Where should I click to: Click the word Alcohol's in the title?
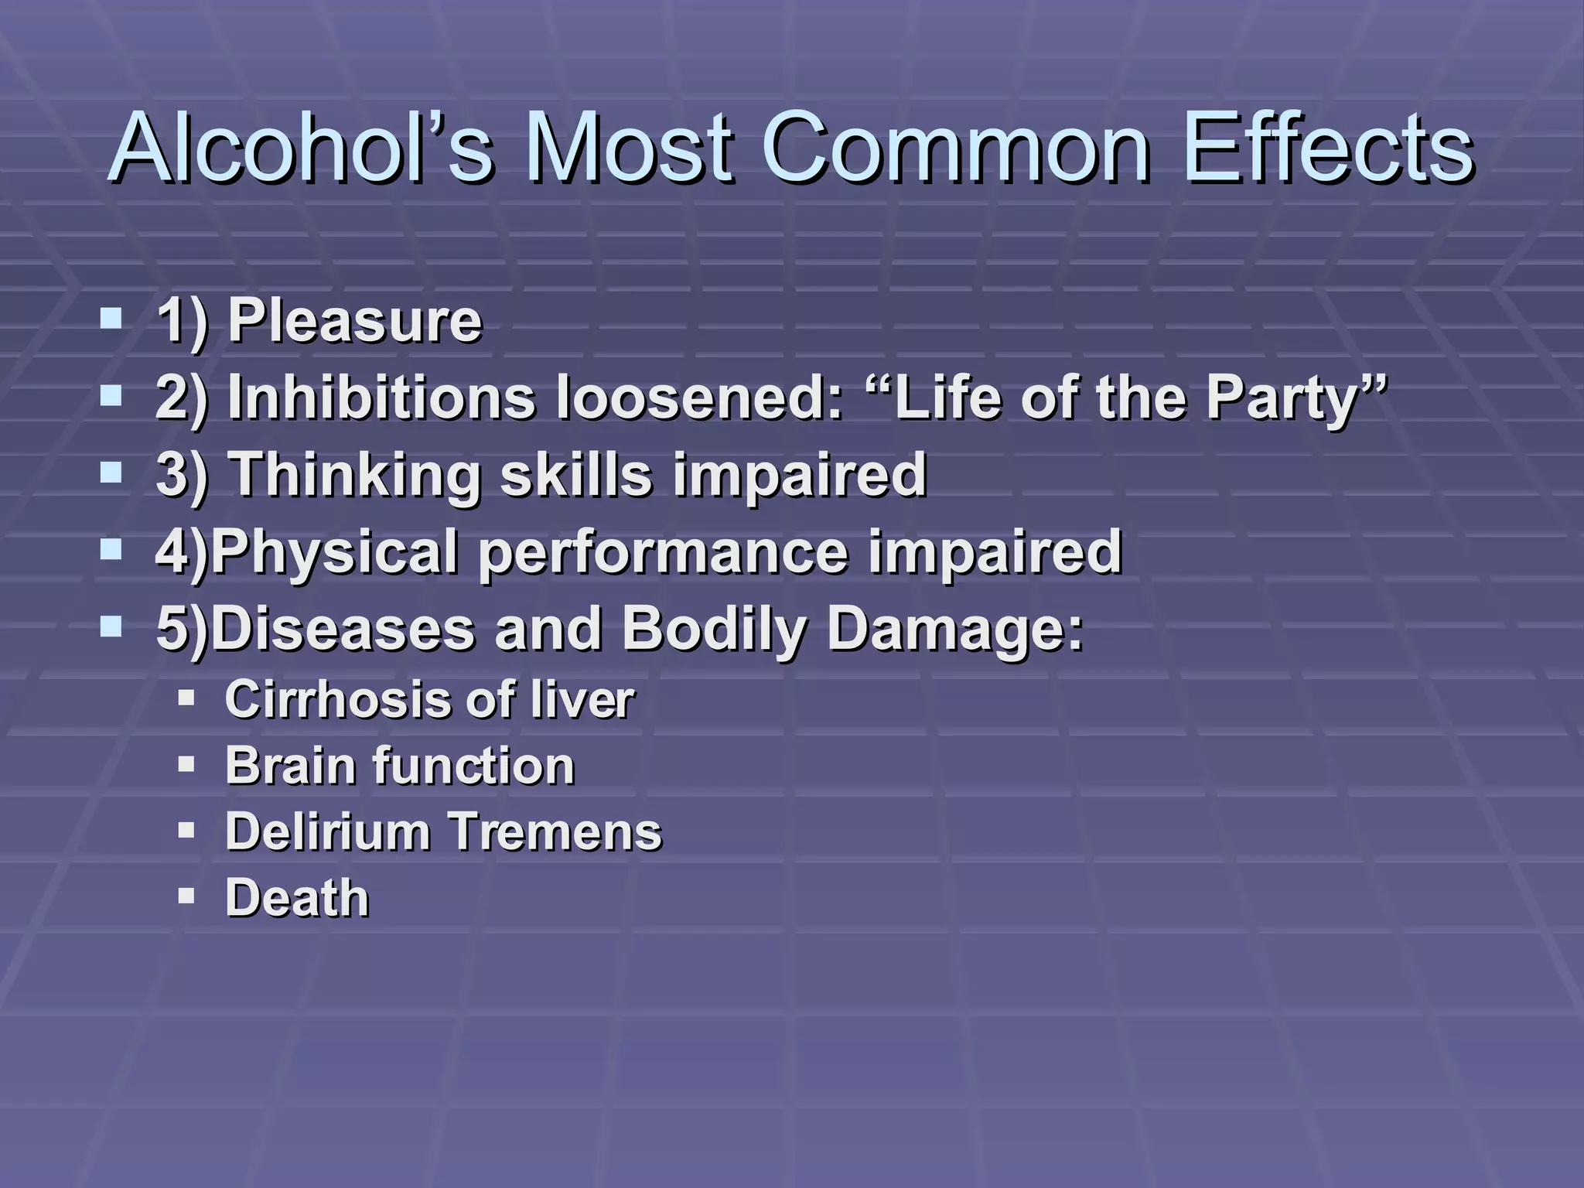click(302, 148)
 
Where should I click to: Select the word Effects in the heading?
click(1328, 148)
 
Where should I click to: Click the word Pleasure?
click(355, 320)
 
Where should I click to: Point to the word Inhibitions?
click(381, 398)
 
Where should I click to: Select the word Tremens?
click(556, 831)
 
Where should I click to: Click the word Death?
click(297, 898)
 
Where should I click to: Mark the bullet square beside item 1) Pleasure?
click(111, 319)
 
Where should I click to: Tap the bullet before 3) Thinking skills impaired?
click(111, 473)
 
